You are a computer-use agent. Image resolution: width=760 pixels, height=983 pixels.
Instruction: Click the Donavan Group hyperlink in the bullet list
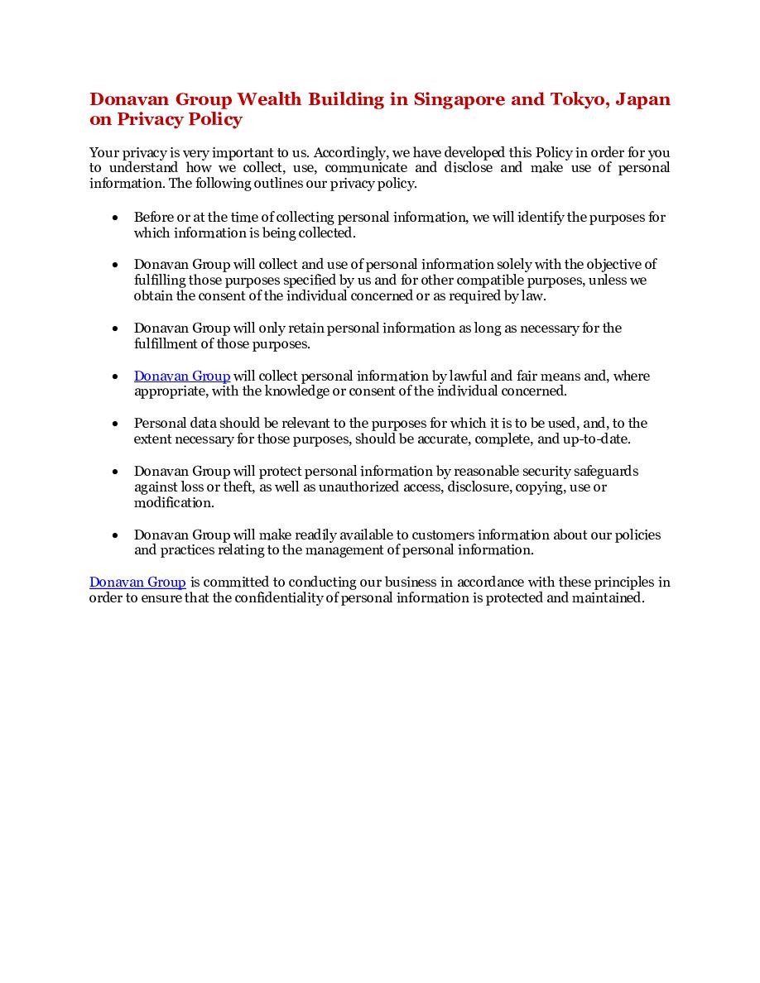point(182,376)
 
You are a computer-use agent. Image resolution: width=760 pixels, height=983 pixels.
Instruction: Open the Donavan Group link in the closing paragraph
point(137,583)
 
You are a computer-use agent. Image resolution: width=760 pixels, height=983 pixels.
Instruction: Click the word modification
point(174,503)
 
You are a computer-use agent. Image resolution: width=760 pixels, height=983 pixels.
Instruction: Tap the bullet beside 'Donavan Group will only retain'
point(115,329)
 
